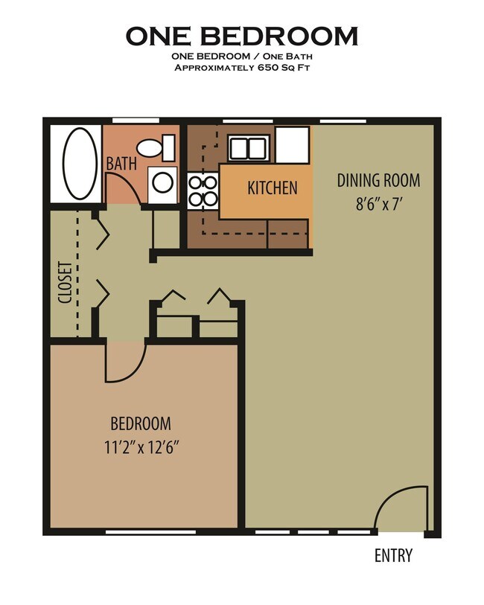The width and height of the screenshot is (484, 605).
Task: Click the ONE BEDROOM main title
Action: point(241,36)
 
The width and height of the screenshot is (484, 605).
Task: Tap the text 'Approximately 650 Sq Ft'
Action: point(241,68)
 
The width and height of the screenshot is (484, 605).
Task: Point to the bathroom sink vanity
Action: point(162,183)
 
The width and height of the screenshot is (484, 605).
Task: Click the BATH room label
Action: point(121,163)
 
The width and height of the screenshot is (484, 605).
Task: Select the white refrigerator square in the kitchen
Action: point(292,144)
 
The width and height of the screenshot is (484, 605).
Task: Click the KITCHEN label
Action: point(273,187)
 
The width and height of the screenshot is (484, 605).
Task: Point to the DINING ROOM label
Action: point(378,180)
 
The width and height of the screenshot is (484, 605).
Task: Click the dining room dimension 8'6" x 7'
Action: point(378,203)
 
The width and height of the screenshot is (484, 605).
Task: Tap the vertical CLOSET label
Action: point(64,282)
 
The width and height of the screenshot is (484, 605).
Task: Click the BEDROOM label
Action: point(141,423)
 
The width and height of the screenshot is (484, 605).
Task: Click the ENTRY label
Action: point(393,555)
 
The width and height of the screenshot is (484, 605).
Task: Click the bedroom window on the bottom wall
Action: point(150,532)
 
